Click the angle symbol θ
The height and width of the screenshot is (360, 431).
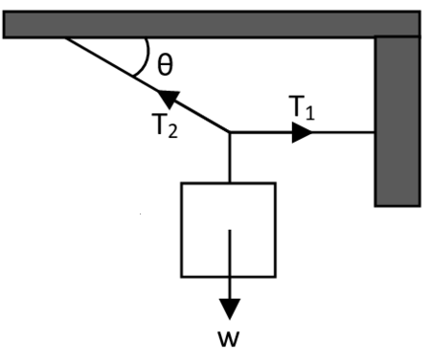(165, 65)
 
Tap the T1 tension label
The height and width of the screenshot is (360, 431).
(301, 109)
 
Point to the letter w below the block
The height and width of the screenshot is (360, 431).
(228, 341)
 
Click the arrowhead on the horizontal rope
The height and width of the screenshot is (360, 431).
(302, 133)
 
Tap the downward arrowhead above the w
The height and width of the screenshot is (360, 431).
(228, 308)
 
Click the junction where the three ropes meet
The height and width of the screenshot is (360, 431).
(229, 133)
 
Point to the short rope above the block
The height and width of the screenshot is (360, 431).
(229, 158)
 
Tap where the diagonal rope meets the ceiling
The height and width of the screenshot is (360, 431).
(67, 38)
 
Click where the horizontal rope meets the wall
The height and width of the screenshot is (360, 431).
(374, 133)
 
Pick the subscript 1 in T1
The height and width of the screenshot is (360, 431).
(308, 114)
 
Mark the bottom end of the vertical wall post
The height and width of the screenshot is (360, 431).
(397, 203)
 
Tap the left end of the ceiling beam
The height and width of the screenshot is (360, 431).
(8, 24)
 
